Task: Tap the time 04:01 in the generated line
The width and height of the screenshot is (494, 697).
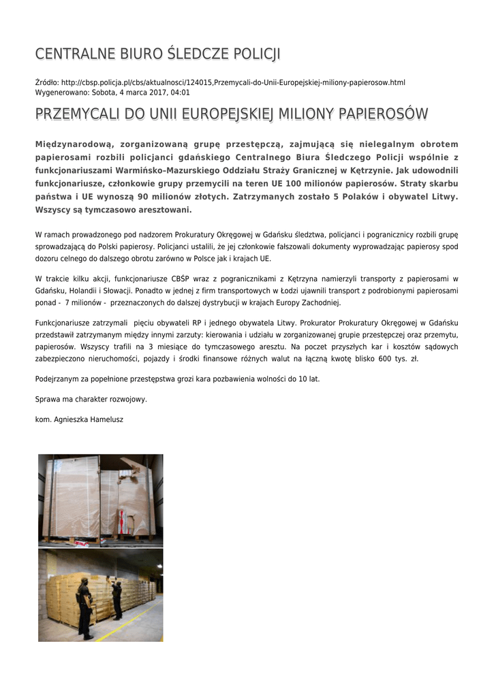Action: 180,92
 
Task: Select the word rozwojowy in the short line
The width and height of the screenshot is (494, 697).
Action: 129,399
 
